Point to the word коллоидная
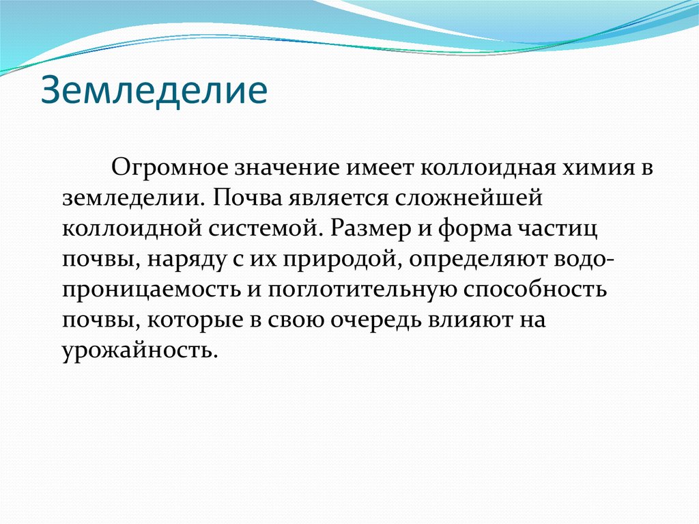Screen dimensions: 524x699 [476, 168]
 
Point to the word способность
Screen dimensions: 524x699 [535, 290]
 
